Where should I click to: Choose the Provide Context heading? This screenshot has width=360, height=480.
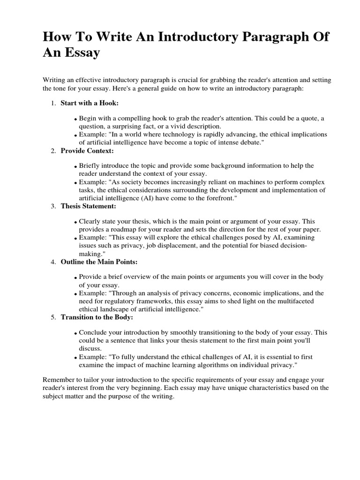tap(87, 150)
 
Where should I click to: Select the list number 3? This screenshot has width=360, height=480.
tap(53, 206)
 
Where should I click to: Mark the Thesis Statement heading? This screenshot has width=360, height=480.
tap(89, 206)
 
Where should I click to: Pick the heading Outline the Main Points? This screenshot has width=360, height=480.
tap(99, 261)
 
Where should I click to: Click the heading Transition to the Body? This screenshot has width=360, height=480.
tap(97, 317)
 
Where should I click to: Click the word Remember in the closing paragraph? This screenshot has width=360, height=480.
tap(58, 380)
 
